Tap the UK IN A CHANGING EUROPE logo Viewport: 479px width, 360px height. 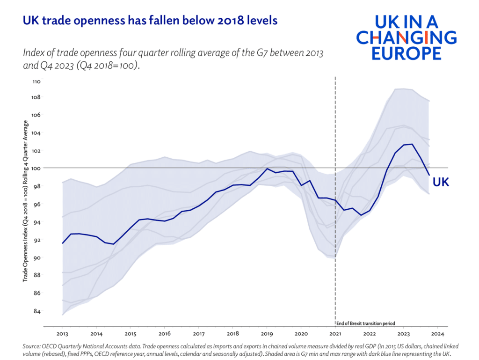pyautogui.click(x=406, y=37)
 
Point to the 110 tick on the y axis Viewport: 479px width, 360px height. pyautogui.click(x=36, y=81)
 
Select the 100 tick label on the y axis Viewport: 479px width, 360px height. pyautogui.click(x=36, y=168)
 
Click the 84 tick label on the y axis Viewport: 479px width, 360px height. pyautogui.click(x=36, y=311)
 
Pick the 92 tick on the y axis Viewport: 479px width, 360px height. pyautogui.click(x=36, y=240)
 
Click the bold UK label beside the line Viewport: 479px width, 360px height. pyautogui.click(x=441, y=183)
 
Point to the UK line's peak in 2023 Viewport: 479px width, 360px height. pyautogui.click(x=411, y=144)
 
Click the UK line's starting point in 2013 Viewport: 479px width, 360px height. pyautogui.click(x=63, y=243)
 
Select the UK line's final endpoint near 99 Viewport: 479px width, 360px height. pyautogui.click(x=429, y=175)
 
